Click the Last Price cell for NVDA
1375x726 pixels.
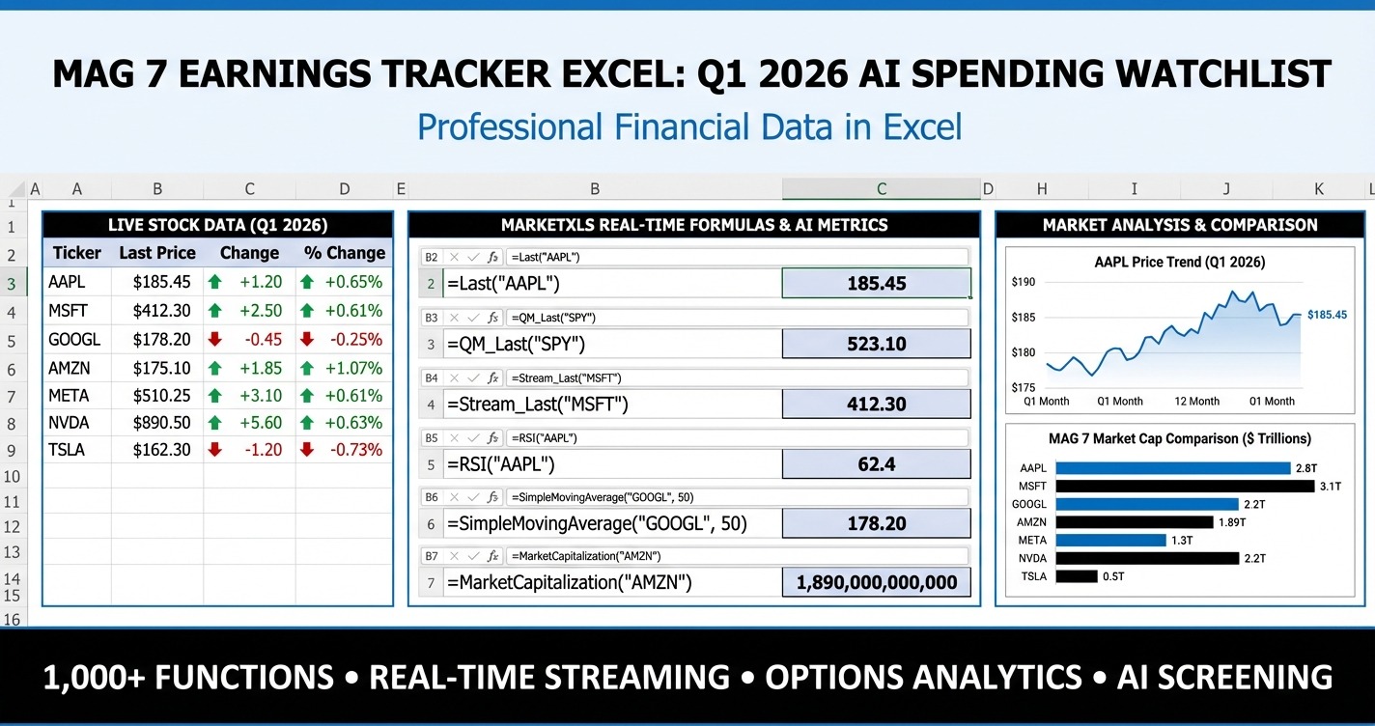156,423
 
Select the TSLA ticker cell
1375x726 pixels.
68,450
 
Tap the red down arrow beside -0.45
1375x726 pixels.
214,340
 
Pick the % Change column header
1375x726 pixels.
345,253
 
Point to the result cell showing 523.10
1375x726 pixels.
876,344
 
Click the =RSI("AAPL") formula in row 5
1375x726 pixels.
501,464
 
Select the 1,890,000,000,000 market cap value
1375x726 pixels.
876,582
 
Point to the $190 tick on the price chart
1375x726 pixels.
1023,282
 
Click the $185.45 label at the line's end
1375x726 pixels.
1327,315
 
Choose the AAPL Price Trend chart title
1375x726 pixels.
1180,262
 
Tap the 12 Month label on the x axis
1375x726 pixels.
1197,401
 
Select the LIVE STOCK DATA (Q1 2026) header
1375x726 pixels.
217,225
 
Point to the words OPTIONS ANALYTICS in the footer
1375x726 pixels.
923,677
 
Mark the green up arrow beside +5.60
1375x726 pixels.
214,423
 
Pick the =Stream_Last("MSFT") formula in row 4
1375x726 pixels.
537,405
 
